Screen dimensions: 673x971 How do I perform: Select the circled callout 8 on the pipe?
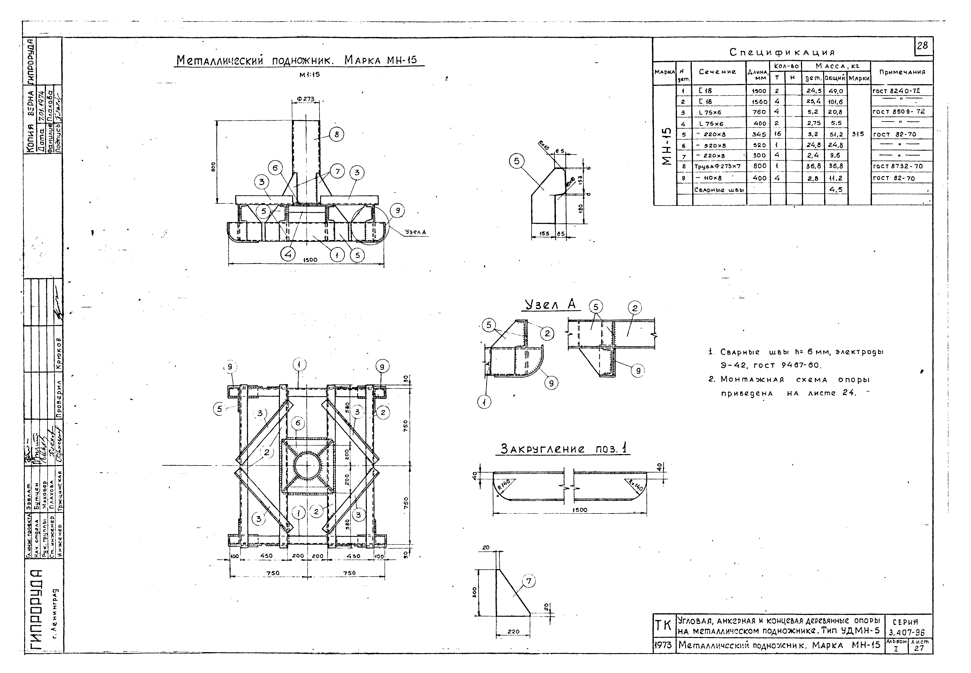[336, 135]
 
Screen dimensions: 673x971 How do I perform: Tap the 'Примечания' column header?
[902, 72]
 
